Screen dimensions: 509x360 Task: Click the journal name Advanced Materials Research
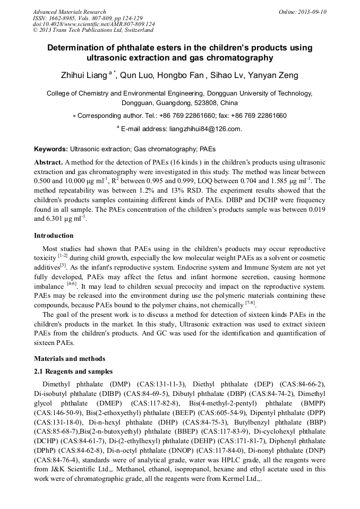click(x=69, y=12)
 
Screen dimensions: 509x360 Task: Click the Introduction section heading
click(x=54, y=236)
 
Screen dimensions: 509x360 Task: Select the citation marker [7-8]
click(x=250, y=303)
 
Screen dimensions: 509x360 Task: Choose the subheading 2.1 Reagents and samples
click(x=73, y=371)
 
